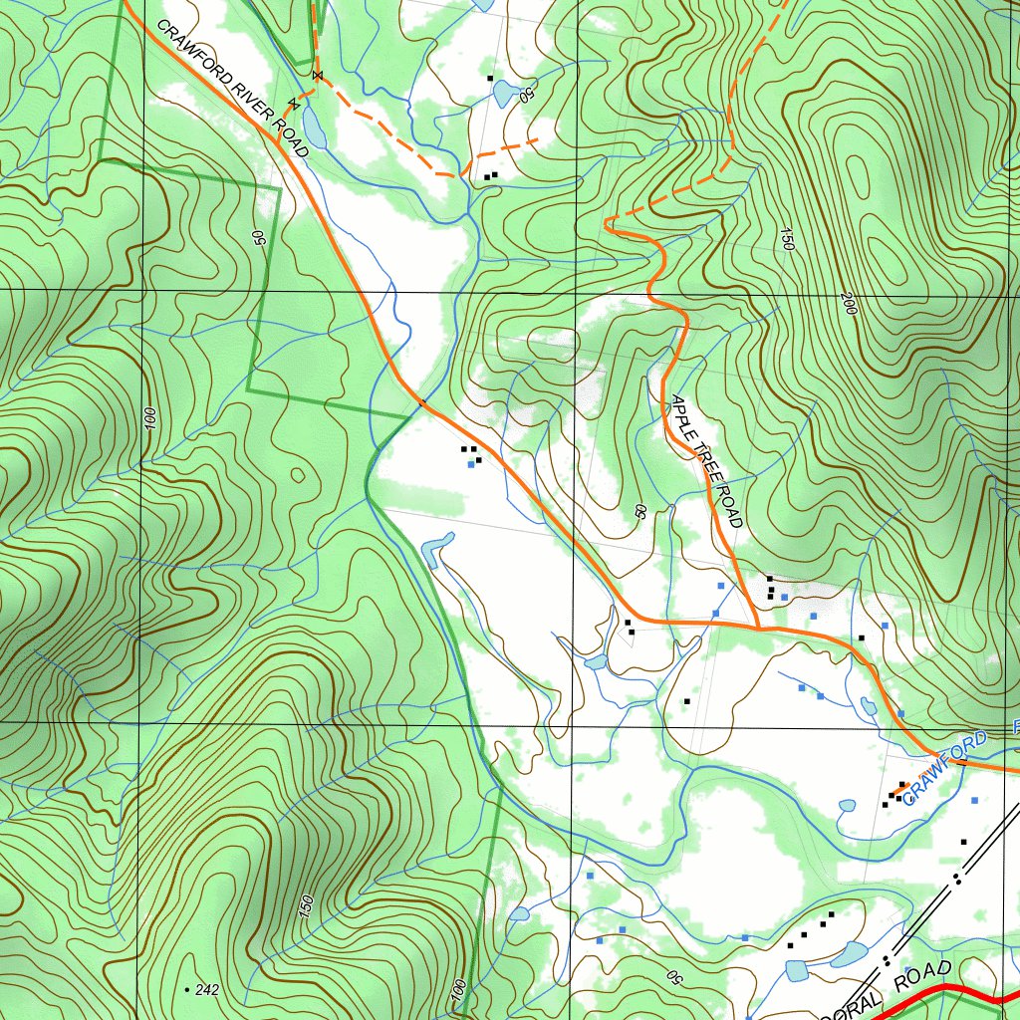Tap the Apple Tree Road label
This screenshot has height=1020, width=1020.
pyautogui.click(x=705, y=460)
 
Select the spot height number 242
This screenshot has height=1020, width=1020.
pyautogui.click(x=207, y=989)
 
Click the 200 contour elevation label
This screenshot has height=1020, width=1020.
pyautogui.click(x=849, y=304)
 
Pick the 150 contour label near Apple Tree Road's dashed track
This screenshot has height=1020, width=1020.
pyautogui.click(x=787, y=239)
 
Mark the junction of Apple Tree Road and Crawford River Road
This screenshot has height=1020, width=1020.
pyautogui.click(x=758, y=629)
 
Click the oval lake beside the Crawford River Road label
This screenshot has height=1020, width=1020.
pyautogui.click(x=313, y=128)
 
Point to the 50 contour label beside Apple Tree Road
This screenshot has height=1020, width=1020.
pyautogui.click(x=639, y=511)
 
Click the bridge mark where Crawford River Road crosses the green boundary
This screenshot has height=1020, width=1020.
pyautogui.click(x=422, y=403)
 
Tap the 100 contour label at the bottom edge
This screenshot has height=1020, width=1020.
pyautogui.click(x=458, y=990)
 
